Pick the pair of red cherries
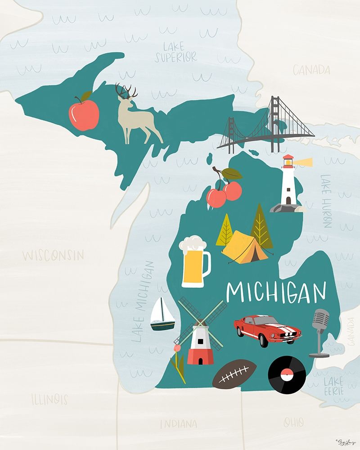click(224, 191)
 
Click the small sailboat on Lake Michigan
click(162, 315)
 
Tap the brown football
click(234, 374)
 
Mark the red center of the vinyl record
click(287, 374)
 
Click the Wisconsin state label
click(53, 256)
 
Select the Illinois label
click(49, 399)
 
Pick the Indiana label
click(179, 423)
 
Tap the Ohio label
click(293, 422)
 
